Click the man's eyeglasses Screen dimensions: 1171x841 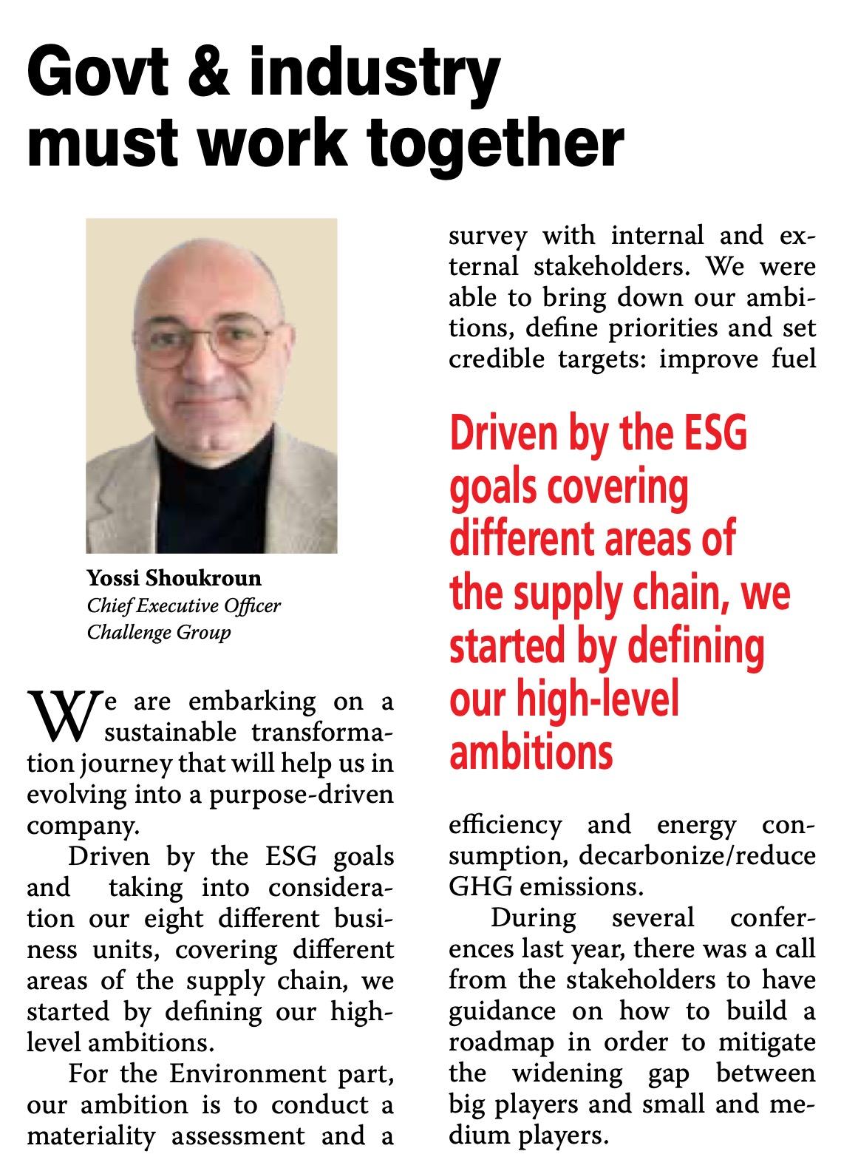[x=211, y=344]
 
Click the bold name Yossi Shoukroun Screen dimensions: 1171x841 [x=174, y=577]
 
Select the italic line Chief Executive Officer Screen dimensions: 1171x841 [x=184, y=605]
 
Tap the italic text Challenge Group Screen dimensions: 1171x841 [x=159, y=633]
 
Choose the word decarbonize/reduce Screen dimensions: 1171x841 [x=698, y=856]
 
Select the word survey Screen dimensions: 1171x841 [x=488, y=236]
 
